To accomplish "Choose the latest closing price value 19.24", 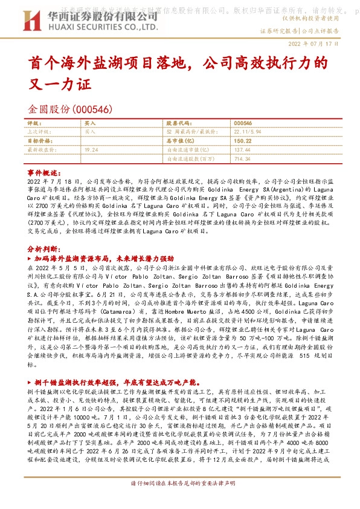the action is (92, 149).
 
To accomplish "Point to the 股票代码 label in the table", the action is (178, 123).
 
